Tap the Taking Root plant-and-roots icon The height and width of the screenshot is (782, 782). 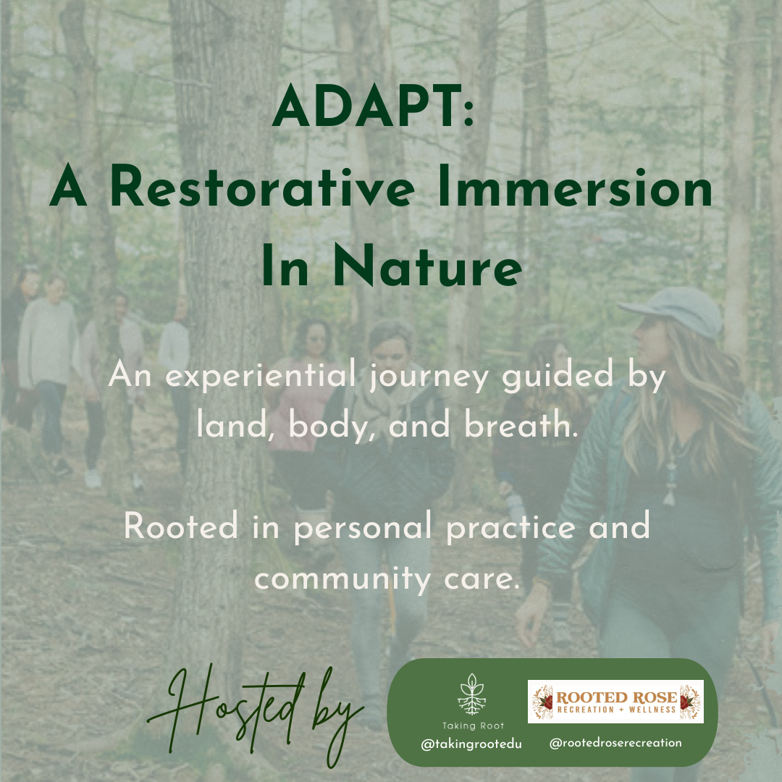pyautogui.click(x=472, y=694)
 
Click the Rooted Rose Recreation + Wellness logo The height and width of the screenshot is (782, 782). pyautogui.click(x=615, y=701)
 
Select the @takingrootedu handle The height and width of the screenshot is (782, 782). pyautogui.click(x=471, y=743)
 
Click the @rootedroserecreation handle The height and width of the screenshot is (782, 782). pyautogui.click(x=615, y=742)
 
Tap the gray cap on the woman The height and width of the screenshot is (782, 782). pyautogui.click(x=673, y=307)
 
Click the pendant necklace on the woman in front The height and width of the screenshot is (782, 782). pyautogui.click(x=669, y=492)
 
